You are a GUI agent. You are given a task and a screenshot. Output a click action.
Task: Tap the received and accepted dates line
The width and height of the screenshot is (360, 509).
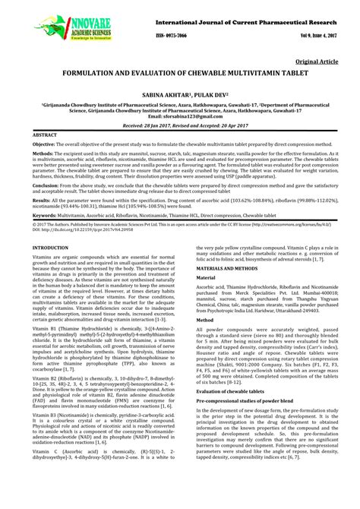(179, 125)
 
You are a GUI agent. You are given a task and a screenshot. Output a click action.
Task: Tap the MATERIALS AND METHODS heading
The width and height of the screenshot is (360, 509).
(219, 270)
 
